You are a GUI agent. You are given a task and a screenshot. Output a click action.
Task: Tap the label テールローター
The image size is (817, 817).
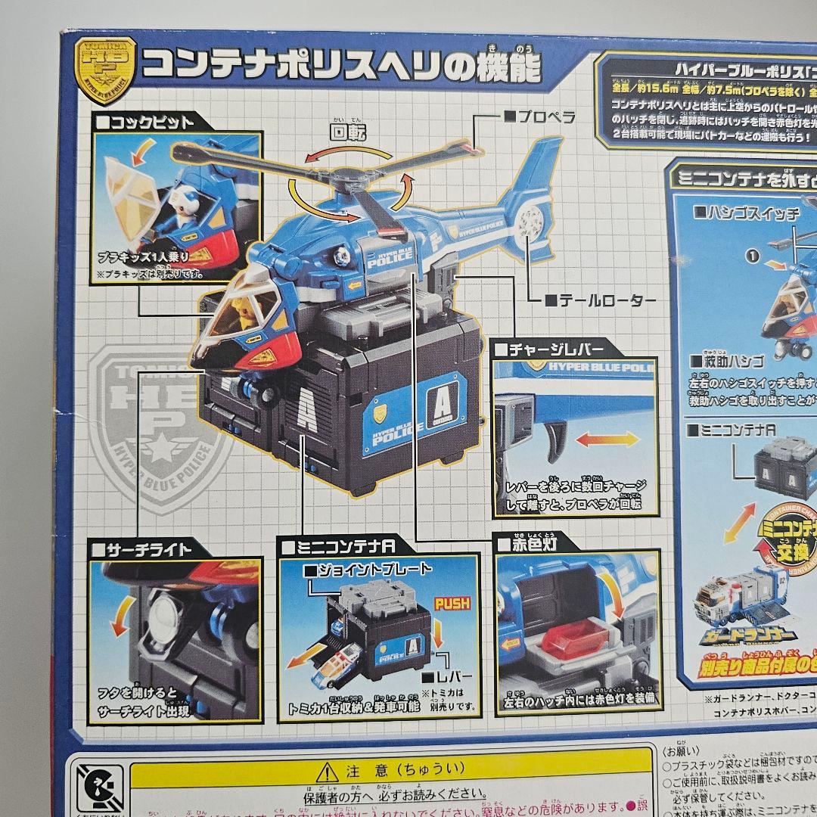[599, 300]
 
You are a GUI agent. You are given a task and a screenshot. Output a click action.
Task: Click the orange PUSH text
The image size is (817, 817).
[452, 603]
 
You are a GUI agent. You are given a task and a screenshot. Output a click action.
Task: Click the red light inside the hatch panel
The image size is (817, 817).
[573, 641]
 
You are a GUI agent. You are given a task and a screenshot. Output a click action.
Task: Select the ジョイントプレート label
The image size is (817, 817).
[370, 568]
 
